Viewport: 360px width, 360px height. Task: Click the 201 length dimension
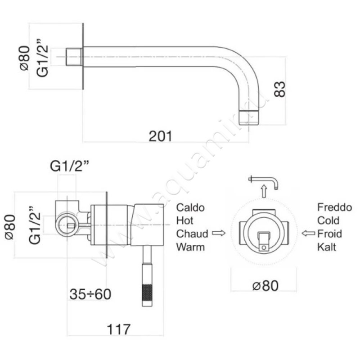[160, 136]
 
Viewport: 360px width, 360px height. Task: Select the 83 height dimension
[279, 89]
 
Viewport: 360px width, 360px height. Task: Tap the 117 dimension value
[119, 329]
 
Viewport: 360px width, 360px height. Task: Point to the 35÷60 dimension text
[90, 294]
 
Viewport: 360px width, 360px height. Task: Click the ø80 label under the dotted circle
[265, 286]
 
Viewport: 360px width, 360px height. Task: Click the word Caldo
[190, 207]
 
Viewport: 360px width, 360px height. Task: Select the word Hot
[185, 220]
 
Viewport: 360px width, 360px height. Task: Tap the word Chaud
[192, 234]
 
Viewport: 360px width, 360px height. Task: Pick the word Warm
[190, 247]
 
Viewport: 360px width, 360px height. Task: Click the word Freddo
[334, 207]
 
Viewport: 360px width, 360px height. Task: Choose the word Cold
[328, 220]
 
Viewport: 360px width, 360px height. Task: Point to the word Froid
[330, 234]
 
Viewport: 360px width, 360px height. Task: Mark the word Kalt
[327, 247]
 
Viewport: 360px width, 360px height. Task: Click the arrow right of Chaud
[219, 233]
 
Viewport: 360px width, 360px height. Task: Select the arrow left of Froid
[308, 233]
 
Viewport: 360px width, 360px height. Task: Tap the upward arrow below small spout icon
[264, 191]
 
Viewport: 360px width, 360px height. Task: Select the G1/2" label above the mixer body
[69, 166]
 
